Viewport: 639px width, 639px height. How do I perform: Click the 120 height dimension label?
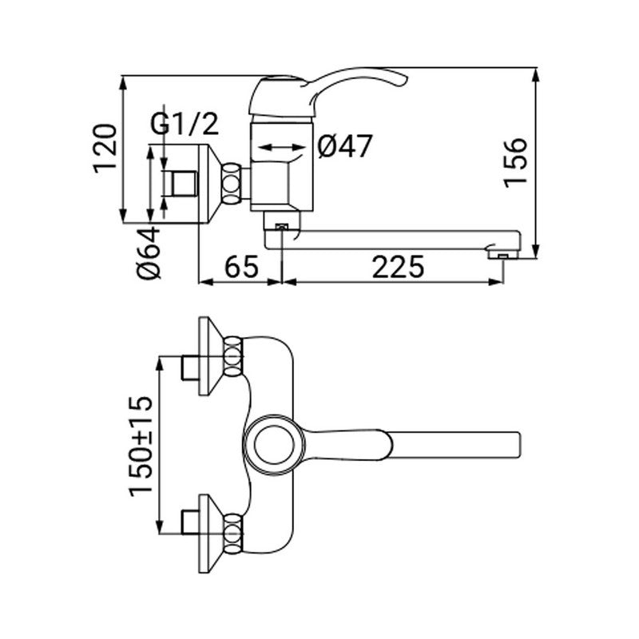[105, 149]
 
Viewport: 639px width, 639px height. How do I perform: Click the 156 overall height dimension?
[515, 163]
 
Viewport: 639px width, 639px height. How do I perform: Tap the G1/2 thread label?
[185, 124]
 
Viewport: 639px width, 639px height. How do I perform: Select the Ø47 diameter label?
[345, 146]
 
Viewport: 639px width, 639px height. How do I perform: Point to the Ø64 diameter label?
[149, 252]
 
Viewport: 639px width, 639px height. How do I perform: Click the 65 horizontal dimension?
[242, 267]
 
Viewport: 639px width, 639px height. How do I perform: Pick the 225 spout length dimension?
[398, 267]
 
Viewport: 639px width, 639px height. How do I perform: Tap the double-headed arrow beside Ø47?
[282, 147]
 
